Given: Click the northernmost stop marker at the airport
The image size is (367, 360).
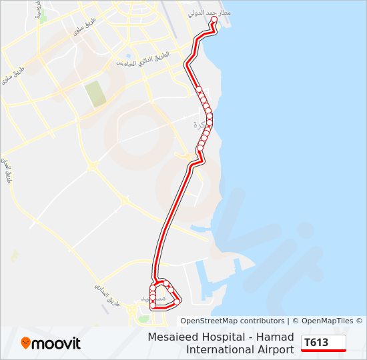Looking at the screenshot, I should pos(214,21).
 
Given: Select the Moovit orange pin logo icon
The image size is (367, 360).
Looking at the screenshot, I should pos(26,343).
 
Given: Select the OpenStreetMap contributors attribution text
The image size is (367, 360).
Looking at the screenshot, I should pos(232,321).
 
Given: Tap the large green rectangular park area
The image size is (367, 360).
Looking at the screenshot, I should pos(95,93).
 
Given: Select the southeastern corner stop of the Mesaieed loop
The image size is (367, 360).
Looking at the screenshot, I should pos(177,301).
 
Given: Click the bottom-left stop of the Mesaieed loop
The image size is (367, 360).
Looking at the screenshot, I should pos(153,306).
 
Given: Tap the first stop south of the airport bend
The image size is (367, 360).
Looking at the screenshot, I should pos(198,89).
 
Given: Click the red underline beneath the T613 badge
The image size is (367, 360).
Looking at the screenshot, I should pos(324,349).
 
